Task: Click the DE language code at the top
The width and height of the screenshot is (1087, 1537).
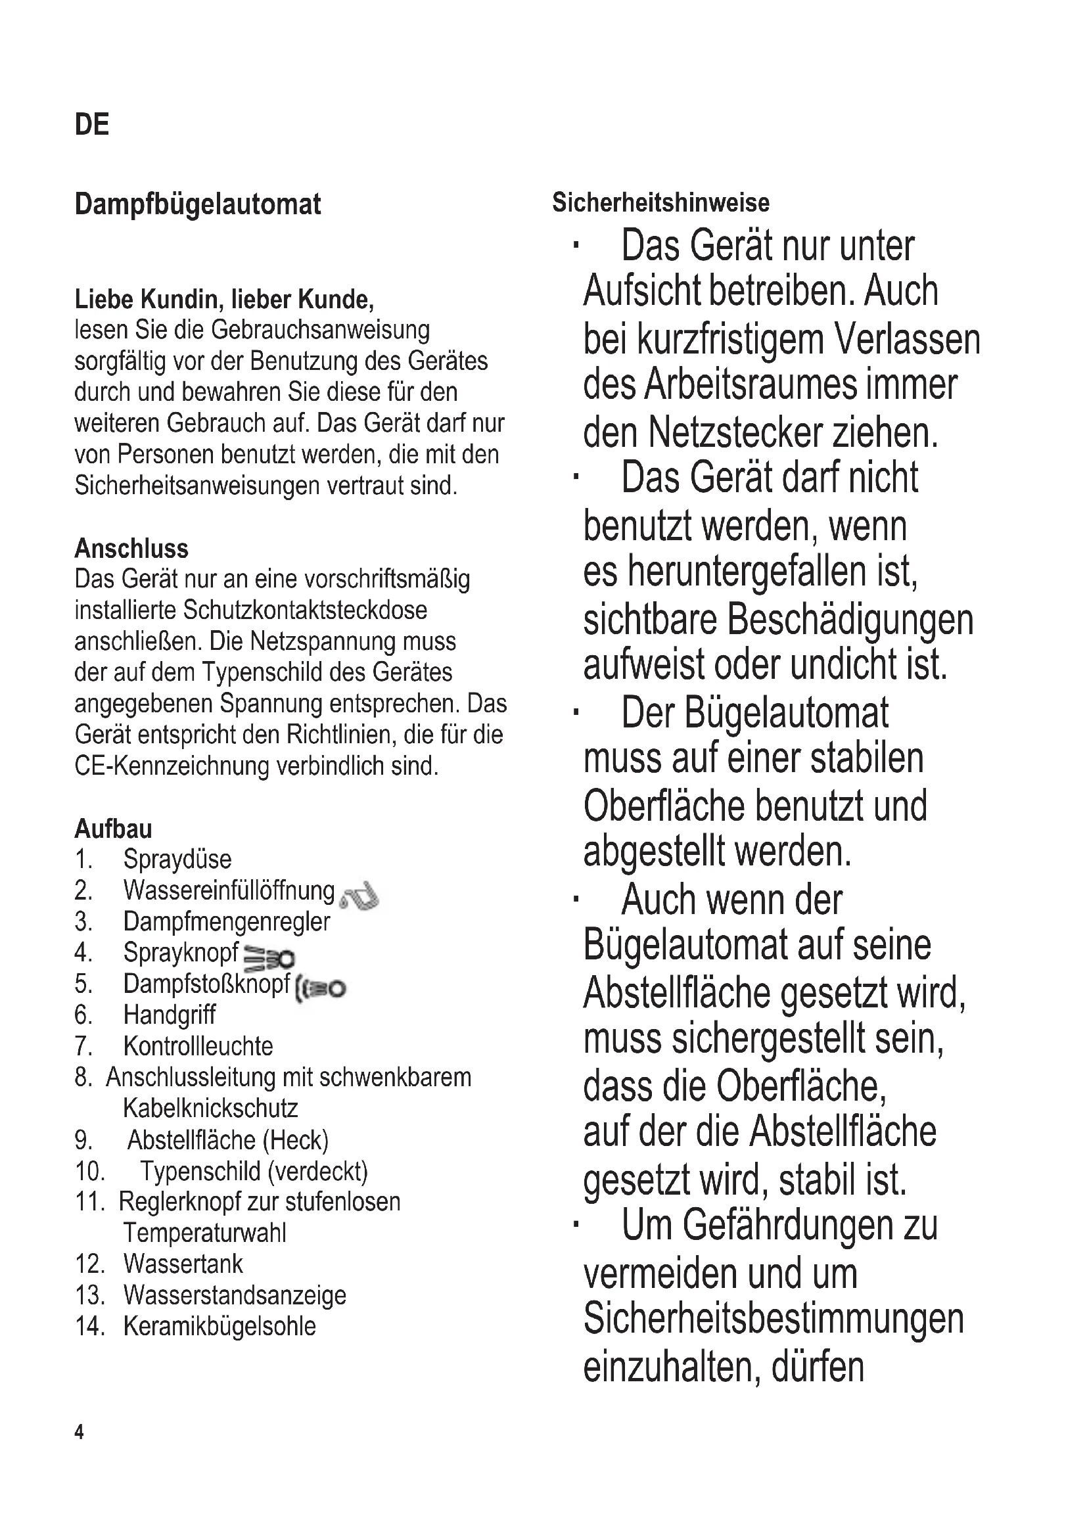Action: click(92, 126)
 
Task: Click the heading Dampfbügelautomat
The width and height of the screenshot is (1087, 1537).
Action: click(197, 204)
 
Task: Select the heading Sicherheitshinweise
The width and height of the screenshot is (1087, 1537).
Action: click(660, 202)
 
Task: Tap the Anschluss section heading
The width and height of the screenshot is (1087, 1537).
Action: click(131, 549)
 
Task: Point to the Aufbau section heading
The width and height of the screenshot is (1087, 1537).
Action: click(113, 829)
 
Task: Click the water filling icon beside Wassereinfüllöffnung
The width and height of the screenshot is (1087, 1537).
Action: click(359, 895)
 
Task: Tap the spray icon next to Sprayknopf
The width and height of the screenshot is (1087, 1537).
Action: click(268, 959)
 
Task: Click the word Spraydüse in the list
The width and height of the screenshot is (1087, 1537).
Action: click(177, 860)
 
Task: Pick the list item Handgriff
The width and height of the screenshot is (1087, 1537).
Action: click(170, 1015)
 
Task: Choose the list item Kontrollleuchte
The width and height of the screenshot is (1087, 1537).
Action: click(198, 1046)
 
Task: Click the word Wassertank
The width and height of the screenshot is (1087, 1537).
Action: click(183, 1264)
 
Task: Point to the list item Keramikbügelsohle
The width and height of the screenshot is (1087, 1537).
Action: click(220, 1326)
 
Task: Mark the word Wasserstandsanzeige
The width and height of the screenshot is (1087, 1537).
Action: click(235, 1295)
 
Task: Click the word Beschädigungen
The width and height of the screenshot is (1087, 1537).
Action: click(849, 620)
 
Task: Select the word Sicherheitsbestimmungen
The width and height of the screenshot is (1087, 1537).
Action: click(773, 1319)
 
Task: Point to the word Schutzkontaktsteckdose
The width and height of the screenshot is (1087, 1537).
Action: click(304, 610)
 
